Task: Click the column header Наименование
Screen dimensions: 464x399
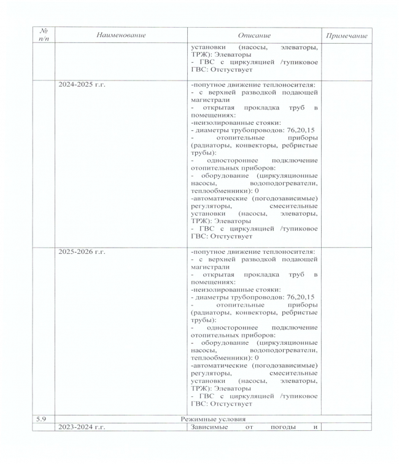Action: (121, 36)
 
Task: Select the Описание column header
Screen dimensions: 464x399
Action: (254, 36)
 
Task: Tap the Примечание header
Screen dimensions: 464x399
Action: (347, 36)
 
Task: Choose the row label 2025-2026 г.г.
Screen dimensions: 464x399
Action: (82, 252)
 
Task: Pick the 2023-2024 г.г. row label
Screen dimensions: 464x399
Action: (82, 428)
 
